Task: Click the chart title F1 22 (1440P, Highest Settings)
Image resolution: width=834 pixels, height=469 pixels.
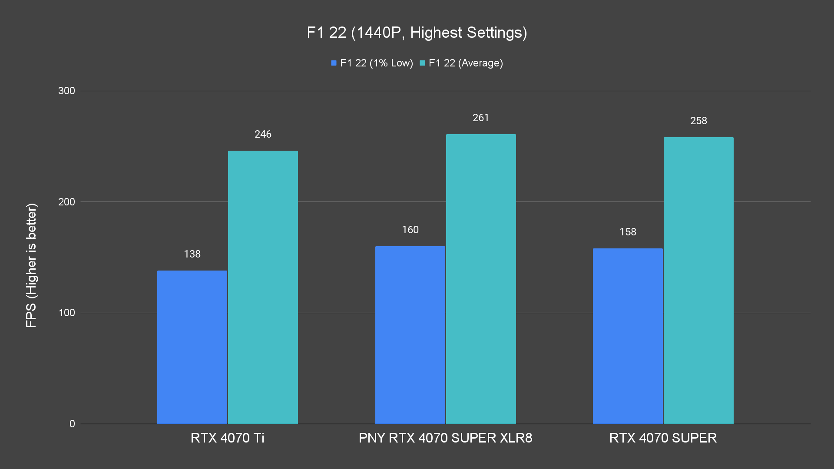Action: (x=417, y=33)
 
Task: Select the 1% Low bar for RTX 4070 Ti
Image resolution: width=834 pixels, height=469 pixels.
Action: (x=192, y=347)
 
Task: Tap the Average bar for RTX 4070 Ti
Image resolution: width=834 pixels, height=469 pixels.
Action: (x=263, y=287)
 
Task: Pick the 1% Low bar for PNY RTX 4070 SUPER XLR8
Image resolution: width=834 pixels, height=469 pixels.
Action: (x=410, y=335)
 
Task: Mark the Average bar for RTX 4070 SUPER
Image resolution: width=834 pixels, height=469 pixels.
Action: (x=698, y=281)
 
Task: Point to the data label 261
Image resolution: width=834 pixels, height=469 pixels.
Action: (x=481, y=118)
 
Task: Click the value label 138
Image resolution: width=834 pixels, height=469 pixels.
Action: (x=192, y=254)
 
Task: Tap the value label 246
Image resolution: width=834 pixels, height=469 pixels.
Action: (x=263, y=134)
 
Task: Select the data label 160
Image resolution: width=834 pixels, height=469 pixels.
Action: (x=410, y=230)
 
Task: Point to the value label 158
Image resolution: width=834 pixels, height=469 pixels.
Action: (x=628, y=232)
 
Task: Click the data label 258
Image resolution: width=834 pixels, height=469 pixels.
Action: (x=698, y=121)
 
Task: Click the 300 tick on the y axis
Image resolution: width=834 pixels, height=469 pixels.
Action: (x=66, y=91)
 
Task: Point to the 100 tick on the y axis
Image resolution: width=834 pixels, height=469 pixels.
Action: (x=66, y=313)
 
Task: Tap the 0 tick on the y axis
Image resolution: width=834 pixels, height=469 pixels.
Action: (x=72, y=424)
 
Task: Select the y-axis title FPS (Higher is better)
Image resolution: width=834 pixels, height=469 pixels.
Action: (x=31, y=265)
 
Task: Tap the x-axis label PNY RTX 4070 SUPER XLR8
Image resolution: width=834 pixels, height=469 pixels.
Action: (x=445, y=438)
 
